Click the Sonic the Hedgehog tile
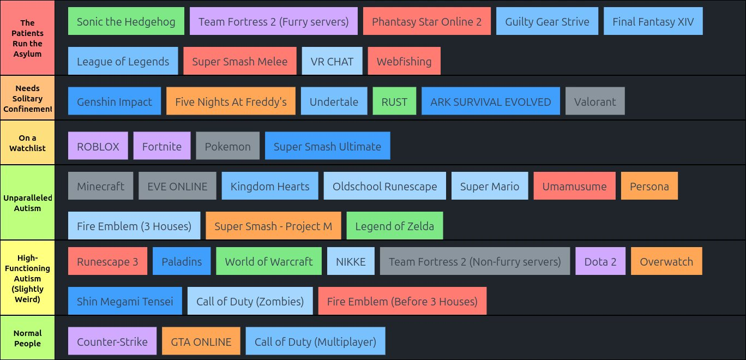click(x=126, y=22)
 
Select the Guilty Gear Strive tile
click(x=547, y=22)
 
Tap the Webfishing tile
click(x=404, y=62)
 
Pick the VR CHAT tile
click(x=332, y=62)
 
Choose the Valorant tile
click(x=595, y=101)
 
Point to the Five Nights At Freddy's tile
click(x=231, y=101)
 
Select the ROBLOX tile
click(x=98, y=146)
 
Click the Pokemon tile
click(x=228, y=146)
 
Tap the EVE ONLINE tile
click(x=177, y=186)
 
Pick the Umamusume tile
click(x=574, y=186)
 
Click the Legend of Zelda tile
click(x=395, y=226)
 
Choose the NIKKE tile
click(x=351, y=261)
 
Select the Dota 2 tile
click(x=600, y=261)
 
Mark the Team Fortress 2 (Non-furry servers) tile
click(x=474, y=261)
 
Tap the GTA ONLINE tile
click(x=201, y=341)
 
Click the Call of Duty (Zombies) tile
click(x=250, y=301)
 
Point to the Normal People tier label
click(x=27, y=338)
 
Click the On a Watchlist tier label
click(x=27, y=143)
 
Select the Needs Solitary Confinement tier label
click(x=27, y=98)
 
